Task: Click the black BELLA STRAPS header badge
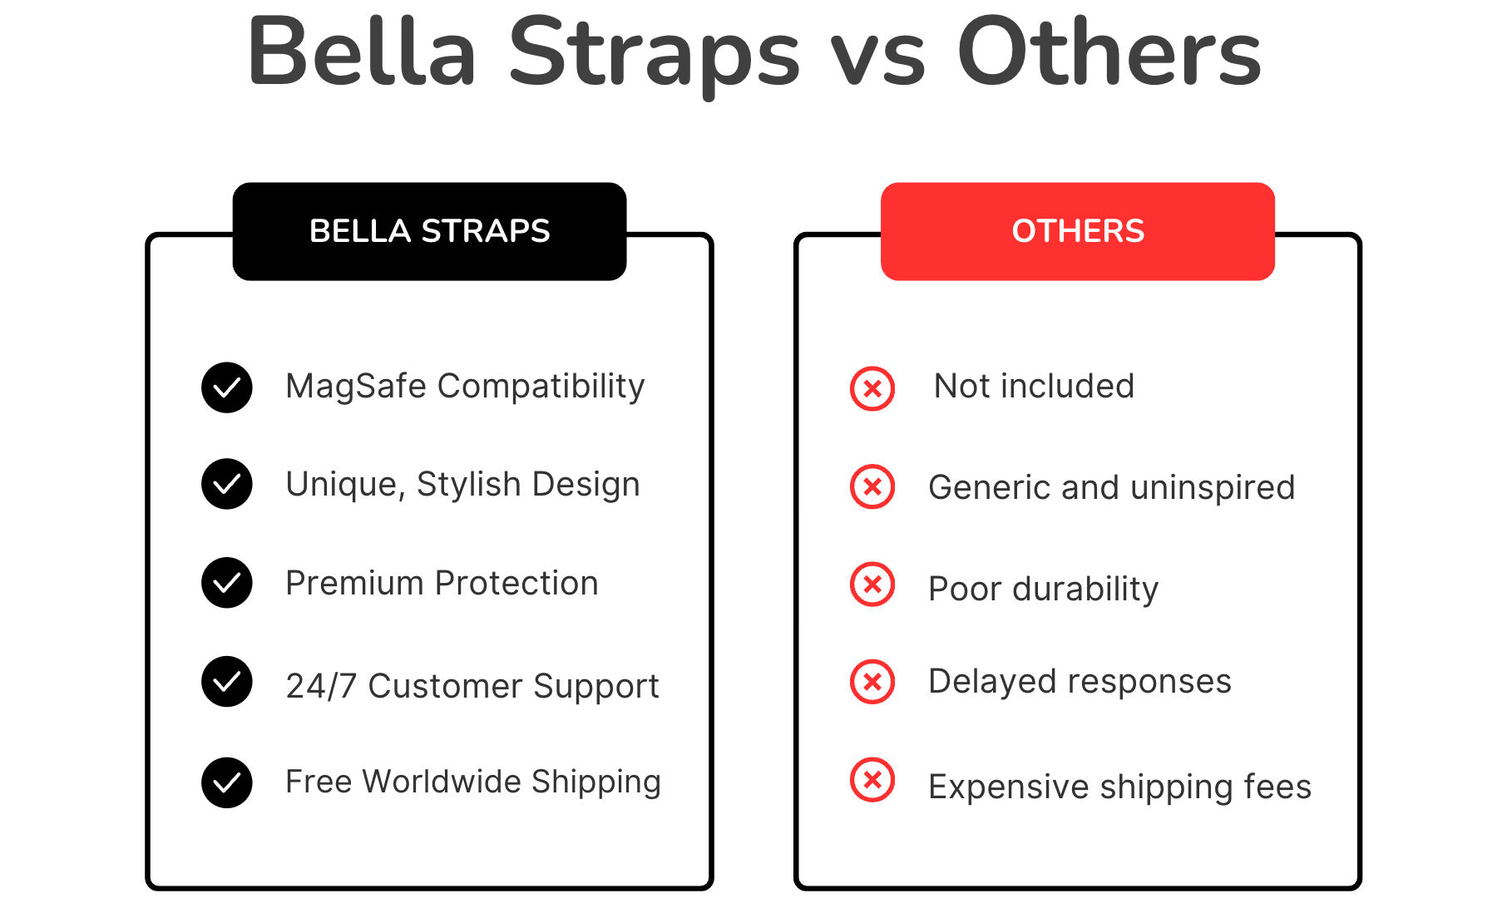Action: pos(429,231)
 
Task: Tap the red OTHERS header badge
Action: pos(1078,231)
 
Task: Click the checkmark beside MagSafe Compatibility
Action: pos(227,387)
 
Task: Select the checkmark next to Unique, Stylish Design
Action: pos(227,484)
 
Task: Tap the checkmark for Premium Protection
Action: pos(227,583)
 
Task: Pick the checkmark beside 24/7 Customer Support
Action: pos(227,682)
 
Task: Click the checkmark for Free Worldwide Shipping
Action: pos(227,782)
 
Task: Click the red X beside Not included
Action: pos(872,388)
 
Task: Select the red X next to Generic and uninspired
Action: pos(872,486)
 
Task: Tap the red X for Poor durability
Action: pos(872,585)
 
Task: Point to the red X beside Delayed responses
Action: pos(872,682)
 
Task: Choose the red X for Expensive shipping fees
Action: pos(872,780)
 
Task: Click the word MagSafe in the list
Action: pos(356,387)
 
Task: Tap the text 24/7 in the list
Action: pos(321,687)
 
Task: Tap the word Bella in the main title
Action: pos(363,52)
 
